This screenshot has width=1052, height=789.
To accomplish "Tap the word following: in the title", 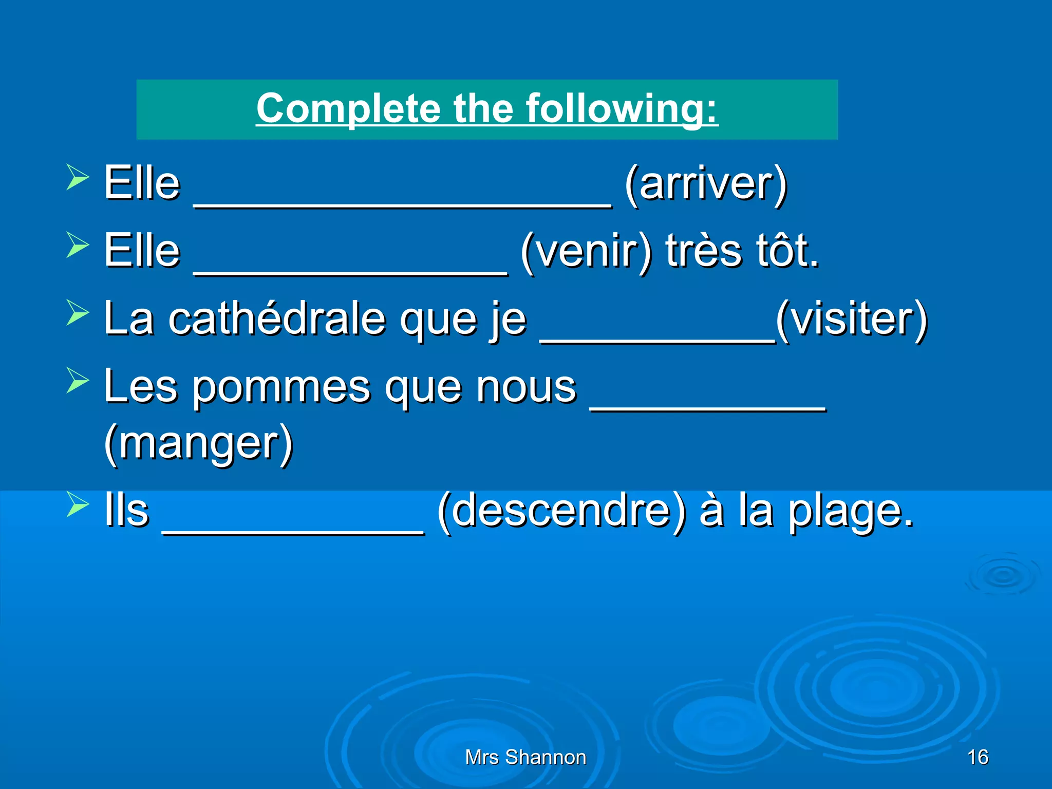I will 622,109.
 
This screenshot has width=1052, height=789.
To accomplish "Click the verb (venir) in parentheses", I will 586,251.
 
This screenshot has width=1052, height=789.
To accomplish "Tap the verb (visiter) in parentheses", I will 851,319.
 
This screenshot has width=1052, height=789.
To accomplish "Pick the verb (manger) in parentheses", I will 198,443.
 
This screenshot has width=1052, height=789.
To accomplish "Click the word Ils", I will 126,511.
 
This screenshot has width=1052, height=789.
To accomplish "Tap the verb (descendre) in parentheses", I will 562,511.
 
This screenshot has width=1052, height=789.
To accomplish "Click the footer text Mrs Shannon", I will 525,757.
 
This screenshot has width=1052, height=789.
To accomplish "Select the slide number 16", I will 978,757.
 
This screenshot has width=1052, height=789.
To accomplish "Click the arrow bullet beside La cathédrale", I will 78,313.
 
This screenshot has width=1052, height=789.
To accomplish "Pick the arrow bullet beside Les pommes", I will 78,381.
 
